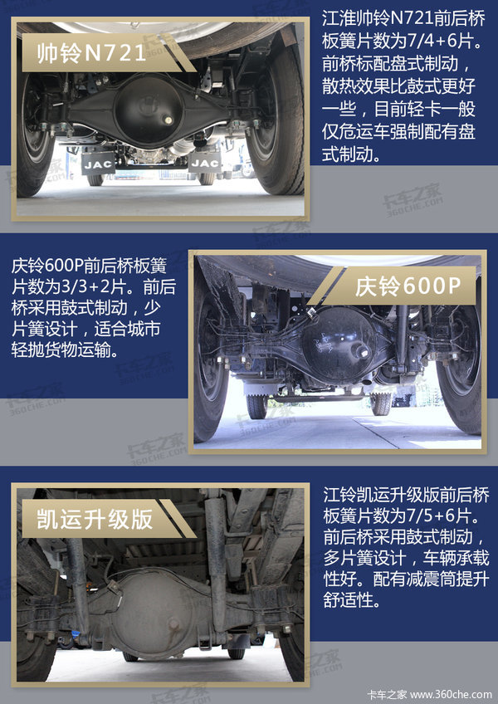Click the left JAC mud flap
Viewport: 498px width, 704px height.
(98, 164)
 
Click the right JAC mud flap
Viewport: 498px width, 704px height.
(205, 163)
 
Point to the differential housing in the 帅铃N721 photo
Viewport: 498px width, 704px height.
(149, 110)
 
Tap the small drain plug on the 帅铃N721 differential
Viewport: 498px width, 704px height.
(168, 120)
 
